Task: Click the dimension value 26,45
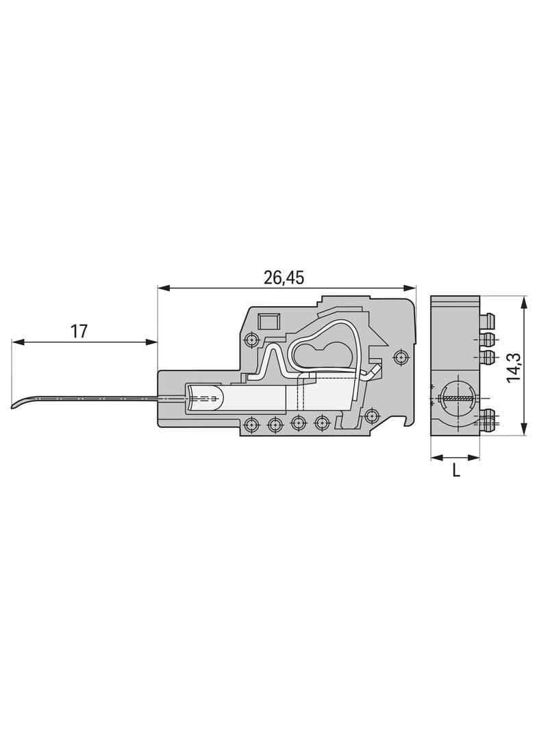click(284, 277)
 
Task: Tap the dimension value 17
click(79, 331)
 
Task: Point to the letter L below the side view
click(456, 470)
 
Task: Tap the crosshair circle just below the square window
click(252, 340)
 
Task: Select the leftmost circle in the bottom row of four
click(251, 424)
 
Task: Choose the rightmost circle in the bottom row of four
click(321, 423)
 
